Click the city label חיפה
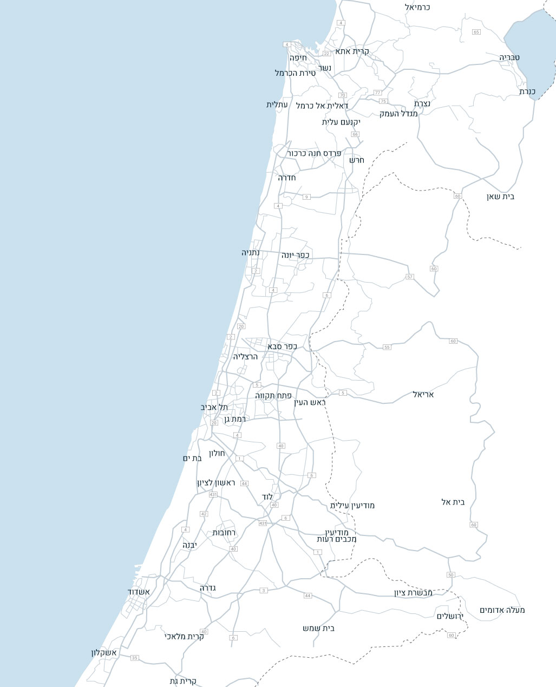tap(298, 57)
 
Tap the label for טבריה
tap(510, 57)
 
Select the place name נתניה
tap(251, 253)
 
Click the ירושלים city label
tap(450, 616)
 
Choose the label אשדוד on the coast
tap(139, 592)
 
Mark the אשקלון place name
tap(104, 653)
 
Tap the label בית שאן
tap(500, 197)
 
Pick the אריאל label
tap(423, 394)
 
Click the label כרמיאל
tap(417, 7)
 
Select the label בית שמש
tap(319, 628)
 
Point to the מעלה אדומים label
tap(502, 610)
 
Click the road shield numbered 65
tap(476, 32)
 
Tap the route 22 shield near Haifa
tap(326, 54)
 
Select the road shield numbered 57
tap(410, 277)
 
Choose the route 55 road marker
tap(387, 347)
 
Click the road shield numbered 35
tap(135, 658)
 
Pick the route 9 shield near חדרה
tap(306, 197)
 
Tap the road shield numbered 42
tap(204, 514)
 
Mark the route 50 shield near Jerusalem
tap(450, 574)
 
